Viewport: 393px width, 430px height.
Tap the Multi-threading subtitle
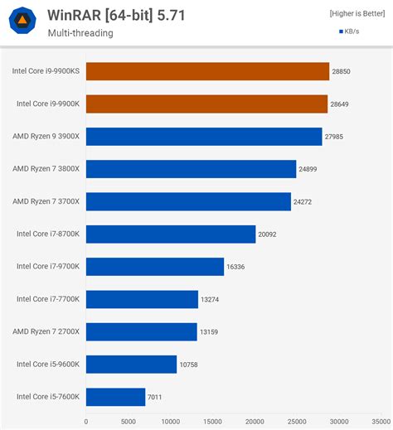[80, 33]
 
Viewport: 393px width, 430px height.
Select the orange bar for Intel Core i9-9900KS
[207, 71]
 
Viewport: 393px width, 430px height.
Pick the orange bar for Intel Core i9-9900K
[206, 104]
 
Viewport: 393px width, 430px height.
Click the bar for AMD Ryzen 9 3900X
[204, 137]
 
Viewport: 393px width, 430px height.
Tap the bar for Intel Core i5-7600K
[115, 397]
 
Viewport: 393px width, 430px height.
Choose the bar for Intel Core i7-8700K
[171, 234]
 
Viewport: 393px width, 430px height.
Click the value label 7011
[155, 397]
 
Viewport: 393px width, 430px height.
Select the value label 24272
[304, 201]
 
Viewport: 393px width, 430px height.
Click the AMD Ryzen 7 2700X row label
[46, 331]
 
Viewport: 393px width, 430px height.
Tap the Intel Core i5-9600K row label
[48, 364]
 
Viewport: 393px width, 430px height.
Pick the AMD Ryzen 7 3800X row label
[46, 169]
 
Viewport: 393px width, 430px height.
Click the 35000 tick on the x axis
[381, 421]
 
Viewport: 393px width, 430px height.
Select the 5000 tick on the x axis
[128, 421]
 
